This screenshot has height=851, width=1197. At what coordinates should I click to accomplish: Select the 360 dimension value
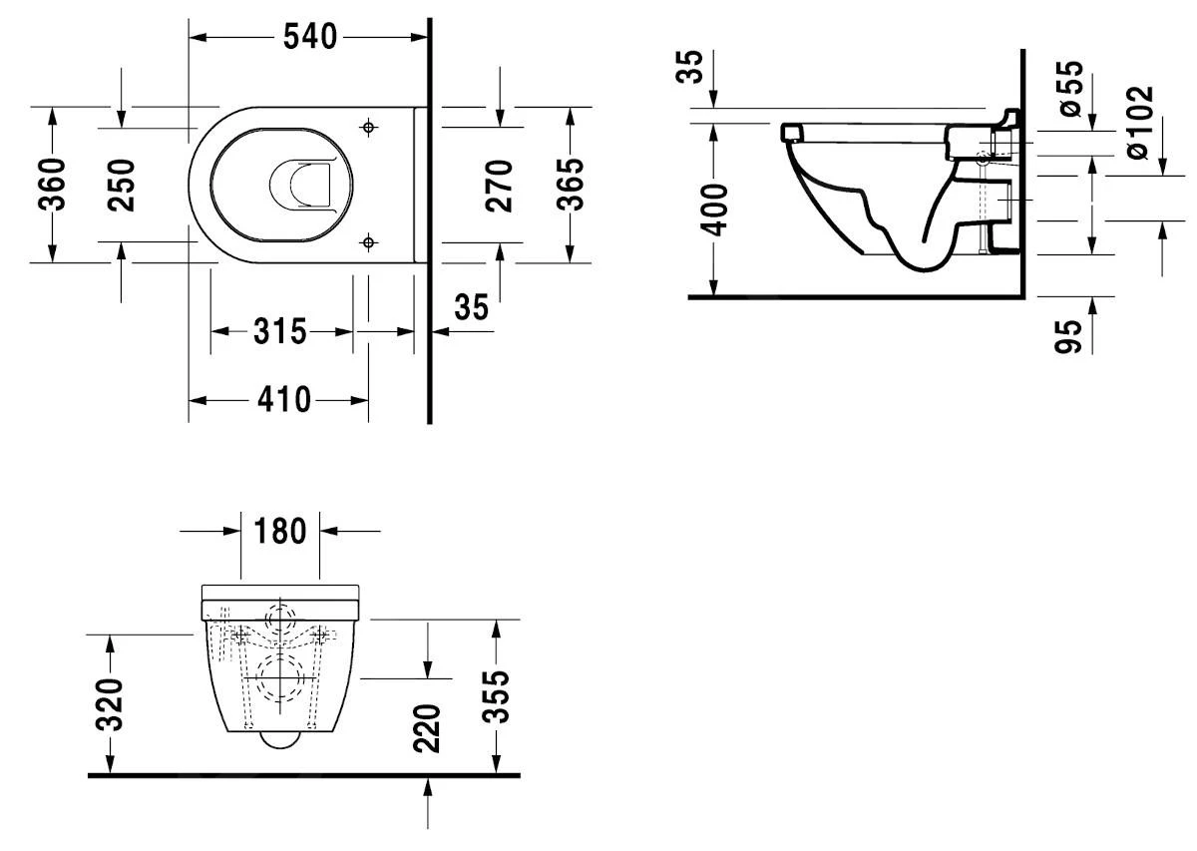click(x=53, y=185)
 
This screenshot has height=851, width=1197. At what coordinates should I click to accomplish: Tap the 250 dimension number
click(x=121, y=185)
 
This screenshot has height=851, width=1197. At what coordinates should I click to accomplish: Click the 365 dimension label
click(x=570, y=185)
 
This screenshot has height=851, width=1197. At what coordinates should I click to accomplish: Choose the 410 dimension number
click(x=282, y=400)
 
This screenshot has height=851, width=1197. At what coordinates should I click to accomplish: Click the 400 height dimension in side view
click(x=715, y=207)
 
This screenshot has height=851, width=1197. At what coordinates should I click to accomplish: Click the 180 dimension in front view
click(x=280, y=531)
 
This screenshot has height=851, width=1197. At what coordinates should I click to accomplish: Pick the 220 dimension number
click(x=427, y=728)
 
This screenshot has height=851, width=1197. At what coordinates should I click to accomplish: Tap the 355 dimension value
click(x=496, y=696)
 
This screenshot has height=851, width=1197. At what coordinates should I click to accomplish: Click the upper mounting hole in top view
click(x=369, y=127)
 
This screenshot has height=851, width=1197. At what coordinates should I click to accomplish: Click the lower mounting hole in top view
click(x=369, y=241)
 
